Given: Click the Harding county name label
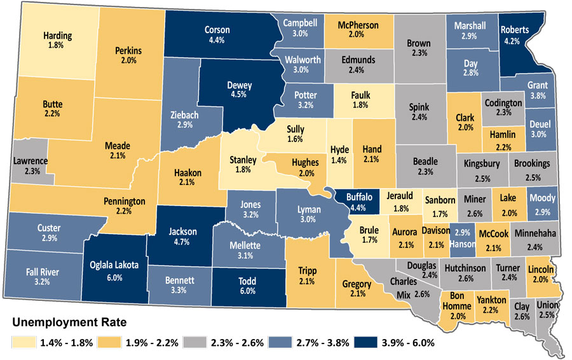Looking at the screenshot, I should point(57,36).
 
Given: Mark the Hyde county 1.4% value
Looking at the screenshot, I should point(339,161).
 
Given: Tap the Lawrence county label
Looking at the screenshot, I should point(30,161).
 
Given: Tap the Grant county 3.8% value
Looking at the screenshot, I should point(538,96).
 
